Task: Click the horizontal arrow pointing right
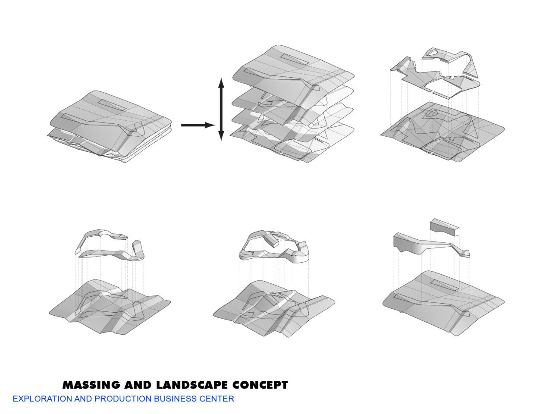[198, 125]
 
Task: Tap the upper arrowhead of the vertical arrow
[221, 83]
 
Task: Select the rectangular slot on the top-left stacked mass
[112, 105]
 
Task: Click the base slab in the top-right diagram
[487, 129]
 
